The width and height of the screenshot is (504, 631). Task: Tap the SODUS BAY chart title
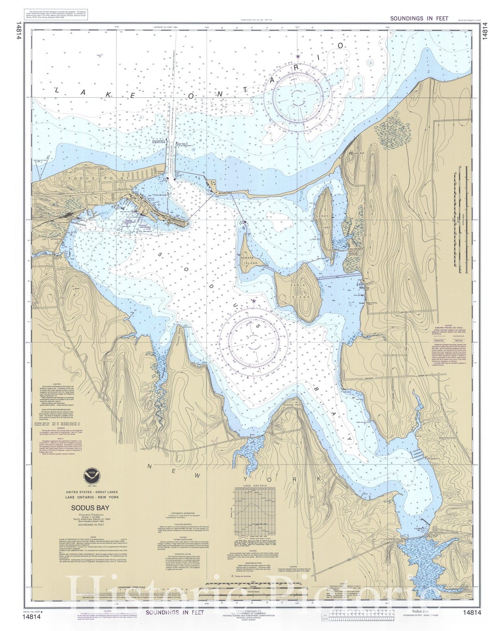tap(90, 509)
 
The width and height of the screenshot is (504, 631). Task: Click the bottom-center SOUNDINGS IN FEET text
tap(175, 612)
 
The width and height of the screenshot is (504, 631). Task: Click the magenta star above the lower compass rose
tap(254, 301)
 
